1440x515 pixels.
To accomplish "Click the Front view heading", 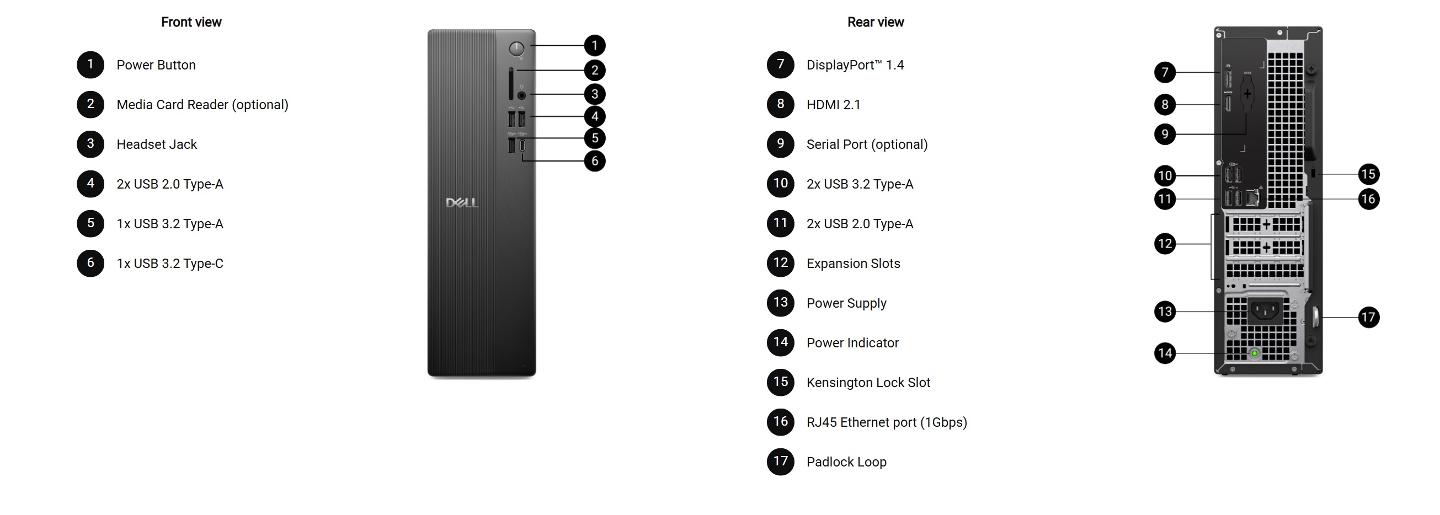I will click(x=191, y=23).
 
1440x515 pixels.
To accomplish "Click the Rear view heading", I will click(x=876, y=23).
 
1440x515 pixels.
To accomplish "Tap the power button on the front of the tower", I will click(x=517, y=49).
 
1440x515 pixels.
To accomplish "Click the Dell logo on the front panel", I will click(x=462, y=203).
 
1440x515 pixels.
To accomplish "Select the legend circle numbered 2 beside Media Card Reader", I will click(x=90, y=104).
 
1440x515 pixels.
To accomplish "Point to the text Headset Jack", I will click(x=157, y=144).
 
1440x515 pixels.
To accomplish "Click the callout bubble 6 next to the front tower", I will click(x=595, y=161).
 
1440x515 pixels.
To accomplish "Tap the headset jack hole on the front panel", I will click(x=521, y=95).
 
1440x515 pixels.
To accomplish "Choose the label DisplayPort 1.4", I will click(x=855, y=65).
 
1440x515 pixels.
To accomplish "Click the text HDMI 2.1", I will click(x=833, y=104).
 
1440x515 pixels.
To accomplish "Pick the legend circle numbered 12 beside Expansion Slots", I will click(x=780, y=263).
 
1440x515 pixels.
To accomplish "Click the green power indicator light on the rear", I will click(x=1255, y=353).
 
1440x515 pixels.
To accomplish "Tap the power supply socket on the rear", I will click(x=1265, y=310).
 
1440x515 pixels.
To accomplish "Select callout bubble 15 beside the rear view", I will click(x=1368, y=174).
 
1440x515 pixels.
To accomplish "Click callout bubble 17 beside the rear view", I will click(x=1368, y=317).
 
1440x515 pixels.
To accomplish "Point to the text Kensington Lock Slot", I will click(x=868, y=383).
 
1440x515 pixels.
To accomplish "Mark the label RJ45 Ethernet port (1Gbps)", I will click(x=887, y=422).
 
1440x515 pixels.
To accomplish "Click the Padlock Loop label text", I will click(x=846, y=462).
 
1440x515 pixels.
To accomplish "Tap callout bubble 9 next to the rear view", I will click(x=1165, y=134).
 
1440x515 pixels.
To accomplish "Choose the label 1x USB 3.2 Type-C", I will click(x=170, y=264).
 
